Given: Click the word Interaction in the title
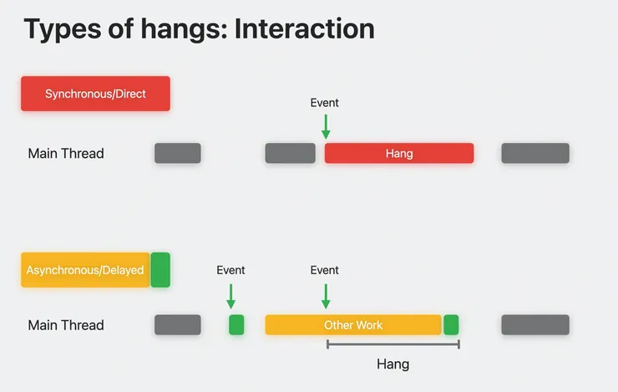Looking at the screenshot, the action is [304, 28].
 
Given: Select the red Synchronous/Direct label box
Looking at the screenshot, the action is [95, 94].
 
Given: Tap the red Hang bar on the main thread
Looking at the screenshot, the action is [399, 153].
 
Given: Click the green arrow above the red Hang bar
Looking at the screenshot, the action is [326, 126].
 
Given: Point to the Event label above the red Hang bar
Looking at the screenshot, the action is [324, 103].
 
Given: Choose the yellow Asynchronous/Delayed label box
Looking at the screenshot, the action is [85, 270].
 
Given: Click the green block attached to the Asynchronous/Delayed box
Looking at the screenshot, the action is [160, 270].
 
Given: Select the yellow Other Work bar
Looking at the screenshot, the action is [353, 325].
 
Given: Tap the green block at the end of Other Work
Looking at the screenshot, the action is [451, 325].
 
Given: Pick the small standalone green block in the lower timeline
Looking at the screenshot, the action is [236, 325].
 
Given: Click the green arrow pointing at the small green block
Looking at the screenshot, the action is [231, 296].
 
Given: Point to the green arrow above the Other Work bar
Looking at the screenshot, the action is [326, 296].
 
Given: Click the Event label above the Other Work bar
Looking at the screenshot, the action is [324, 270].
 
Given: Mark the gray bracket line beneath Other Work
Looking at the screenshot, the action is [393, 344].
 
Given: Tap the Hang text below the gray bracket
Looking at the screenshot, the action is [393, 364].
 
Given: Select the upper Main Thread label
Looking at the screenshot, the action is [66, 154].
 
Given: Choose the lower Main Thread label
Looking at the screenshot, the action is [66, 325].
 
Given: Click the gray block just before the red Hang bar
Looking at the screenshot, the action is [290, 153].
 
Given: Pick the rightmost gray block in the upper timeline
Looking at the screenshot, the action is [535, 153].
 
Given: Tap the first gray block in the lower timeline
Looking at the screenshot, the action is [178, 325].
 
